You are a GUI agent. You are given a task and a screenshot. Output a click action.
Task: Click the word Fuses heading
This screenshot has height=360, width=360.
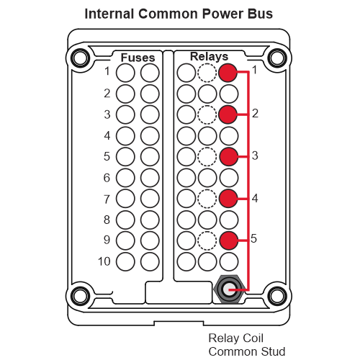[x=138, y=58]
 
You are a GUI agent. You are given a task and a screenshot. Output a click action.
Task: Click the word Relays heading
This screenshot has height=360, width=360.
[x=209, y=57]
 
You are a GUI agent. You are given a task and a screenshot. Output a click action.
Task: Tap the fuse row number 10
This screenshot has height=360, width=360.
[x=104, y=261]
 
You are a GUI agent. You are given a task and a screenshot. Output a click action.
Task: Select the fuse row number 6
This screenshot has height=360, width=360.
[x=107, y=178]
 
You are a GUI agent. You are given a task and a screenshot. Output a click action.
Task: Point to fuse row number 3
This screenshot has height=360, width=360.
[x=107, y=114]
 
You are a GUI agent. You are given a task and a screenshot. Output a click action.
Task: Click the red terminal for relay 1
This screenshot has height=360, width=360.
[x=228, y=73]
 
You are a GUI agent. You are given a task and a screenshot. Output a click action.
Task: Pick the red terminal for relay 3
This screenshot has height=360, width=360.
[x=229, y=157]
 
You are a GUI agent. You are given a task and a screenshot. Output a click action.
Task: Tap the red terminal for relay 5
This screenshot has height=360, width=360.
[x=229, y=240]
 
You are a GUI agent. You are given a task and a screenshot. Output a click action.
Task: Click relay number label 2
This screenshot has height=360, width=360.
[x=255, y=113]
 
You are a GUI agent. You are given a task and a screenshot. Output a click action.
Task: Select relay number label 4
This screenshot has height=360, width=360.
[x=255, y=198]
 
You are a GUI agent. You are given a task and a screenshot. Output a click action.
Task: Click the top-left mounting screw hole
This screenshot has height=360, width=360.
[x=80, y=58]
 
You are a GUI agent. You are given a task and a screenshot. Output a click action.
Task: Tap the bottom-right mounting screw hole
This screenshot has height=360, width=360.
[x=277, y=296]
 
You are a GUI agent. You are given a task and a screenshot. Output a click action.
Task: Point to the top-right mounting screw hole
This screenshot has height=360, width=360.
[x=277, y=58]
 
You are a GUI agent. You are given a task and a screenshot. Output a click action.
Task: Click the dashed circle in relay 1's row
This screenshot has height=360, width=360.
[x=207, y=73]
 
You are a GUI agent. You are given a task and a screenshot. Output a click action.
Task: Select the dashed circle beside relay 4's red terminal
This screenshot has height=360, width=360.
[x=207, y=199]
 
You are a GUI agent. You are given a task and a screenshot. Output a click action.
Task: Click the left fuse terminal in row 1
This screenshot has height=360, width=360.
[x=125, y=73]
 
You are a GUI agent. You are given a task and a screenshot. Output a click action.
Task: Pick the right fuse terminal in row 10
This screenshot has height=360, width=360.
[x=150, y=261]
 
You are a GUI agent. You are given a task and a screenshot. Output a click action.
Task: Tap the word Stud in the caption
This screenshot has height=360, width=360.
[x=273, y=351]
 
